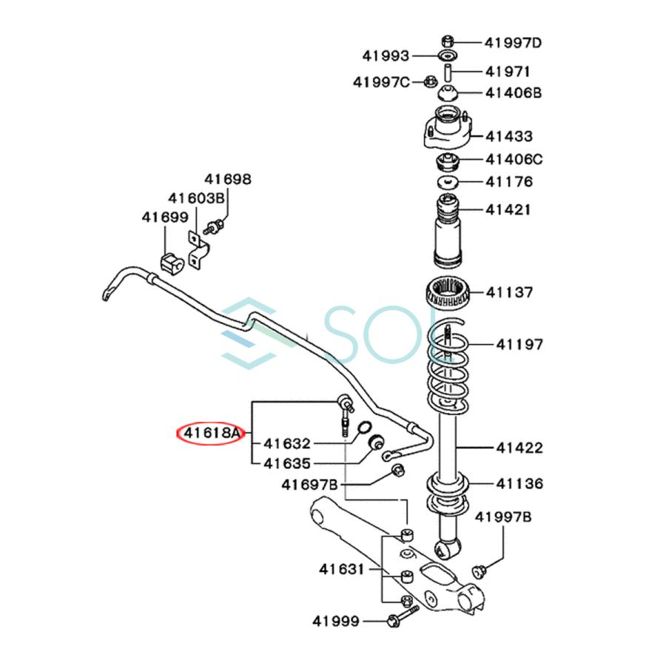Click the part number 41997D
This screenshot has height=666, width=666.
click(x=513, y=42)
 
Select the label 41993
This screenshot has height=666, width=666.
click(x=386, y=55)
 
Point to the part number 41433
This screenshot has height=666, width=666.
click(x=508, y=136)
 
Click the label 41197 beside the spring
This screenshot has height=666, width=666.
click(x=519, y=344)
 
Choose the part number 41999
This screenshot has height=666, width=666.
click(x=336, y=620)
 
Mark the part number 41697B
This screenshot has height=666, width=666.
click(x=309, y=485)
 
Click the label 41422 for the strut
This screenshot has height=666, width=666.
click(x=519, y=447)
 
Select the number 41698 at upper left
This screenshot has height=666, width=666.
click(x=228, y=179)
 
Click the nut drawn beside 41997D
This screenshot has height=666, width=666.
click(x=447, y=41)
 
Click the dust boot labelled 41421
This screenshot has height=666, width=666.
click(x=448, y=229)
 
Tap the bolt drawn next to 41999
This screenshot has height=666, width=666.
click(x=399, y=620)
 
